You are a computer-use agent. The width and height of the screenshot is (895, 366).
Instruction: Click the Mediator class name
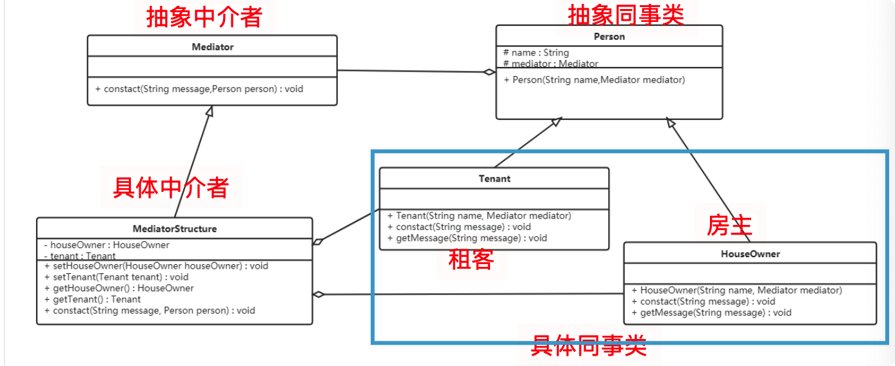click(x=212, y=46)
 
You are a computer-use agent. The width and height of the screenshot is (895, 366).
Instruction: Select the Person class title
click(x=609, y=37)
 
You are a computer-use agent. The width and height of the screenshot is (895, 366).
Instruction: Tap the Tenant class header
click(x=494, y=178)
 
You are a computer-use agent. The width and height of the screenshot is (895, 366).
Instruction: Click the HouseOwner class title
click(x=750, y=254)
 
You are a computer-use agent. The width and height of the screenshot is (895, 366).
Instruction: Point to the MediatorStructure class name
click(x=174, y=229)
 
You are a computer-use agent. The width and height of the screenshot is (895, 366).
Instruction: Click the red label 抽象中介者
click(x=204, y=17)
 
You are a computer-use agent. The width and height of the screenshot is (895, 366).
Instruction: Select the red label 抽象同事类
click(x=625, y=15)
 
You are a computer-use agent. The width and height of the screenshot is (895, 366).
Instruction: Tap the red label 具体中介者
click(x=171, y=188)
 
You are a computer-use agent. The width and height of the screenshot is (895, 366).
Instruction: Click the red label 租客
click(x=471, y=259)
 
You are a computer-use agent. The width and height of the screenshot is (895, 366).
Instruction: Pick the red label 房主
click(x=729, y=225)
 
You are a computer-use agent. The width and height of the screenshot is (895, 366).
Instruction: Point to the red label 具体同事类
click(x=588, y=345)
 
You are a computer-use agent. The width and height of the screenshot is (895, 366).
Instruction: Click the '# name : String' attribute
click(x=536, y=53)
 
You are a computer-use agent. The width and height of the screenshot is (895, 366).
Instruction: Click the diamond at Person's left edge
click(x=489, y=72)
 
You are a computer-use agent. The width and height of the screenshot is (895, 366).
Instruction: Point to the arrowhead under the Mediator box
click(x=209, y=111)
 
